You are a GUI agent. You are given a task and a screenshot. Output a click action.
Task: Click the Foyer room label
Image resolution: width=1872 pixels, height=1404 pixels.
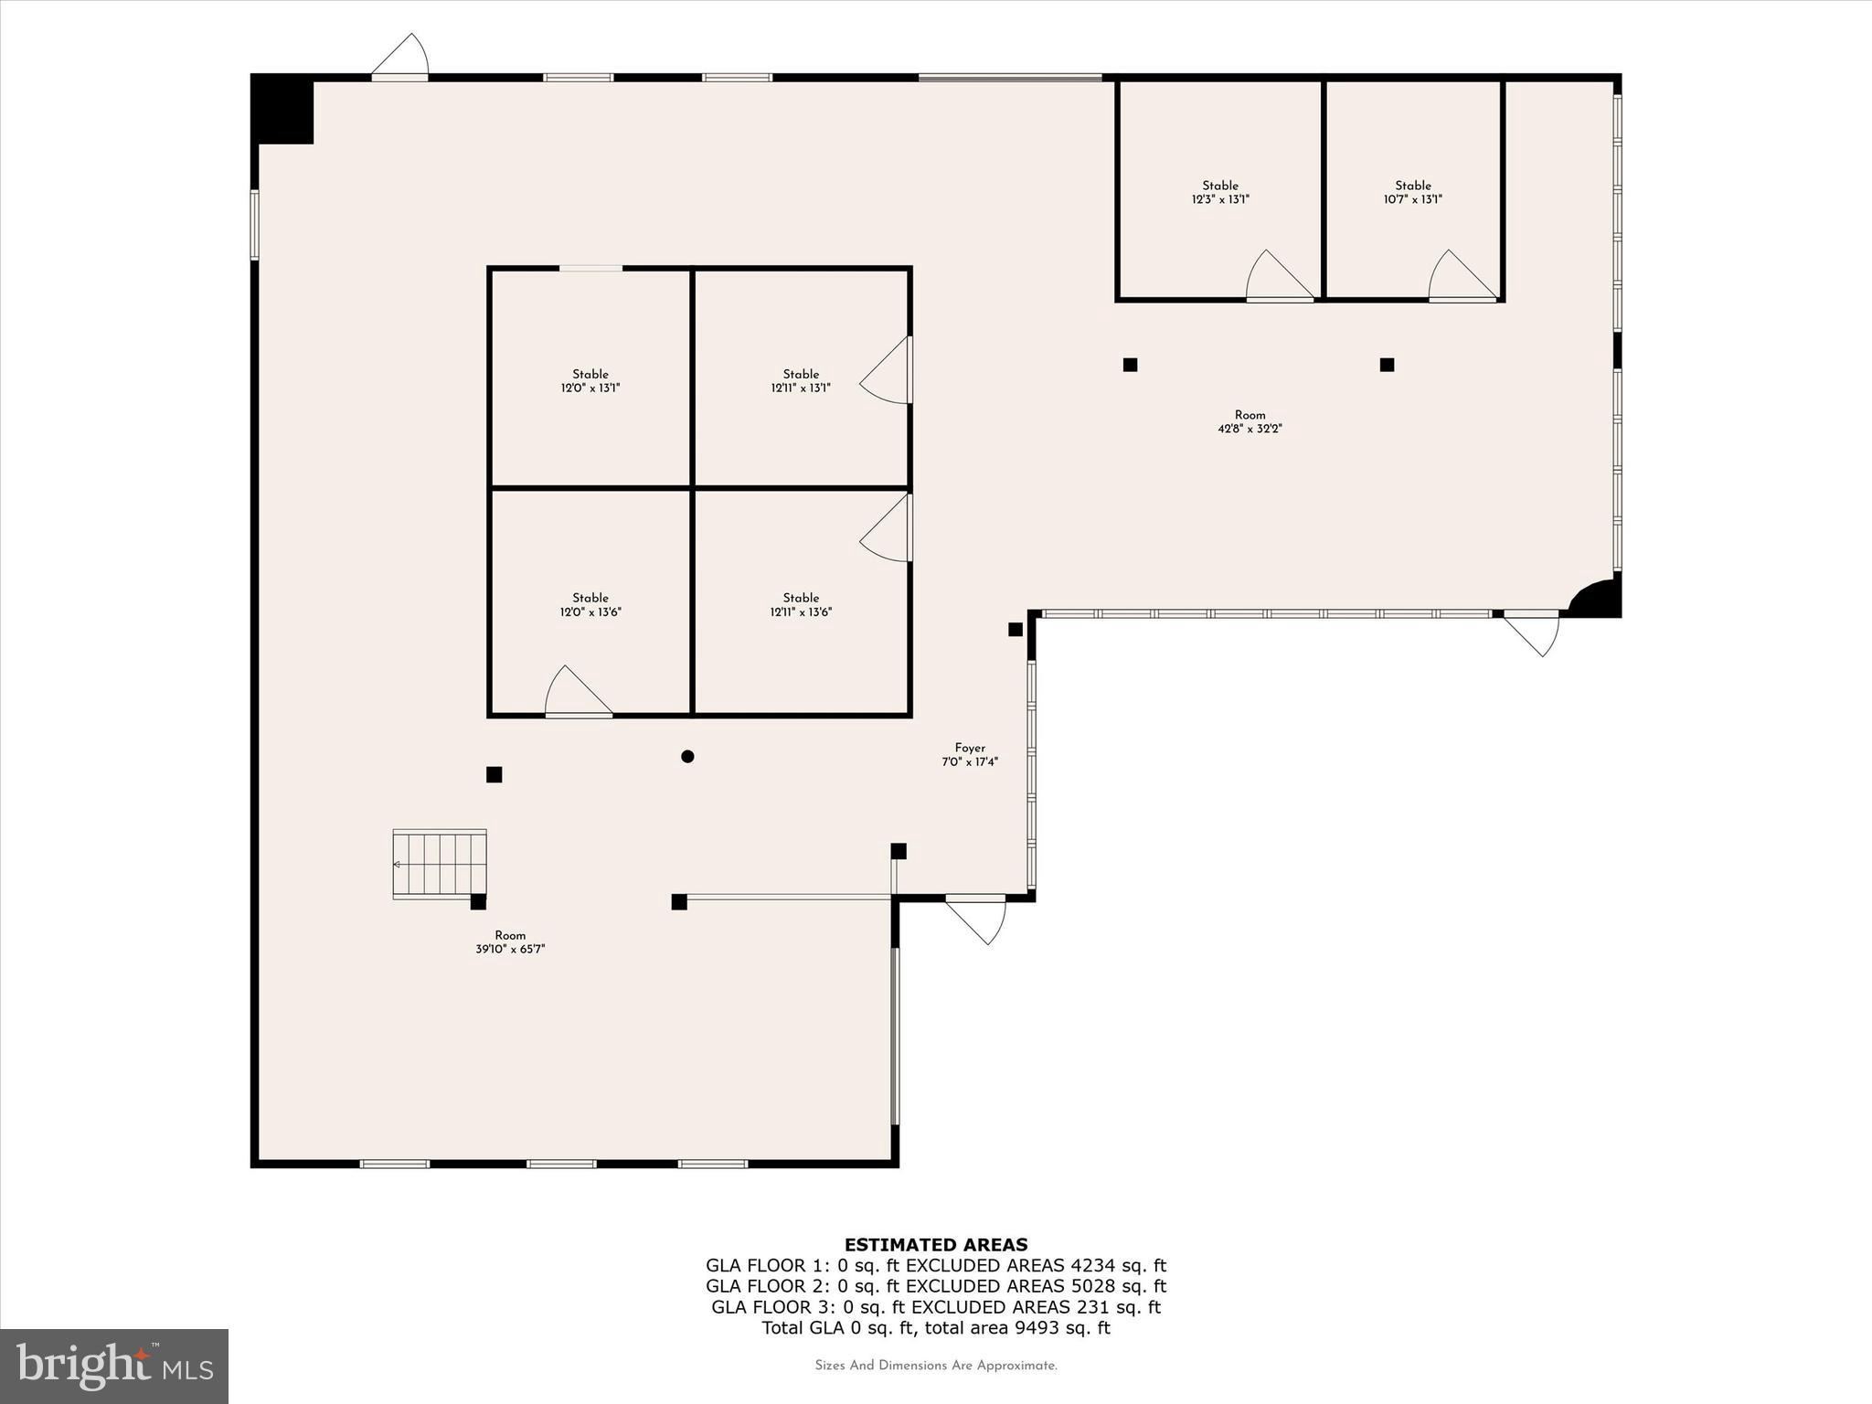coord(970,754)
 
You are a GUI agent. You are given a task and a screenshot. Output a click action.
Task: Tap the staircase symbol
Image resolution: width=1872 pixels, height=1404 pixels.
coord(440,864)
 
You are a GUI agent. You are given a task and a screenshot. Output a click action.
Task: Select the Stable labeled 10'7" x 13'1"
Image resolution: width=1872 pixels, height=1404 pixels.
coord(1412,192)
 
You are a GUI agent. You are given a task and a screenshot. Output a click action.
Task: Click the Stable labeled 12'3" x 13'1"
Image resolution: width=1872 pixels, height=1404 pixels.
coord(1219,192)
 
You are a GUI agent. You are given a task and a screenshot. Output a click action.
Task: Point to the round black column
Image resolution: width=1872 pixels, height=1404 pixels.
coord(687,756)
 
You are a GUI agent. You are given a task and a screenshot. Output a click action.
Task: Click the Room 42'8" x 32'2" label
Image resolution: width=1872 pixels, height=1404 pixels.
coord(1250,421)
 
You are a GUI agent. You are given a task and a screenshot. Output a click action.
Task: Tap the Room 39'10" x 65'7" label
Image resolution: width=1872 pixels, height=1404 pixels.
coord(510,941)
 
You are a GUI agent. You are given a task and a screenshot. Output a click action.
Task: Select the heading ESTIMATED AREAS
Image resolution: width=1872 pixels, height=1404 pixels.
coord(936,1244)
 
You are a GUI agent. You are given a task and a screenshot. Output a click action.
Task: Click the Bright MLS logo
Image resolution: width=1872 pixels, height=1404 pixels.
coord(114,1366)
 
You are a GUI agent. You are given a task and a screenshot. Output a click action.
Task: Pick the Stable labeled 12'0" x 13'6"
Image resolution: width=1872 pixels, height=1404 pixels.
coord(590,604)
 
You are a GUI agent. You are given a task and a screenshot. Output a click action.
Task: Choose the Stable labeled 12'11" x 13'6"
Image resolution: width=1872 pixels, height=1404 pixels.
coord(801,604)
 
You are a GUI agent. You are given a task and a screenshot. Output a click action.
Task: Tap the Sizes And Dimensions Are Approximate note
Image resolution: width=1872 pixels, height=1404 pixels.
coord(936,1366)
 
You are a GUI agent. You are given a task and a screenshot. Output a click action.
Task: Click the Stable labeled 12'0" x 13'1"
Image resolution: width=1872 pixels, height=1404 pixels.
coord(590,380)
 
